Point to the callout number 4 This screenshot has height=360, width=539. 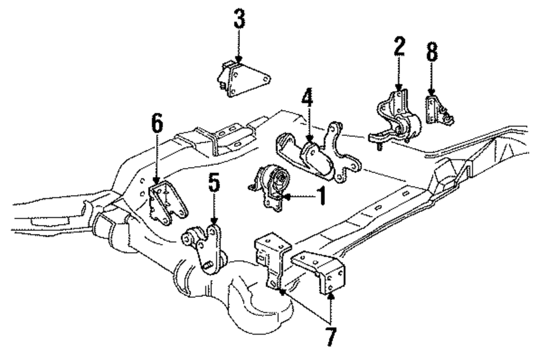[306, 100]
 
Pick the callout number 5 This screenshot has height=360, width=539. [215, 184]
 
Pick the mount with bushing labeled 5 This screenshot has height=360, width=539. [205, 245]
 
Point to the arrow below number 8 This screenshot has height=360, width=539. [431, 89]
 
